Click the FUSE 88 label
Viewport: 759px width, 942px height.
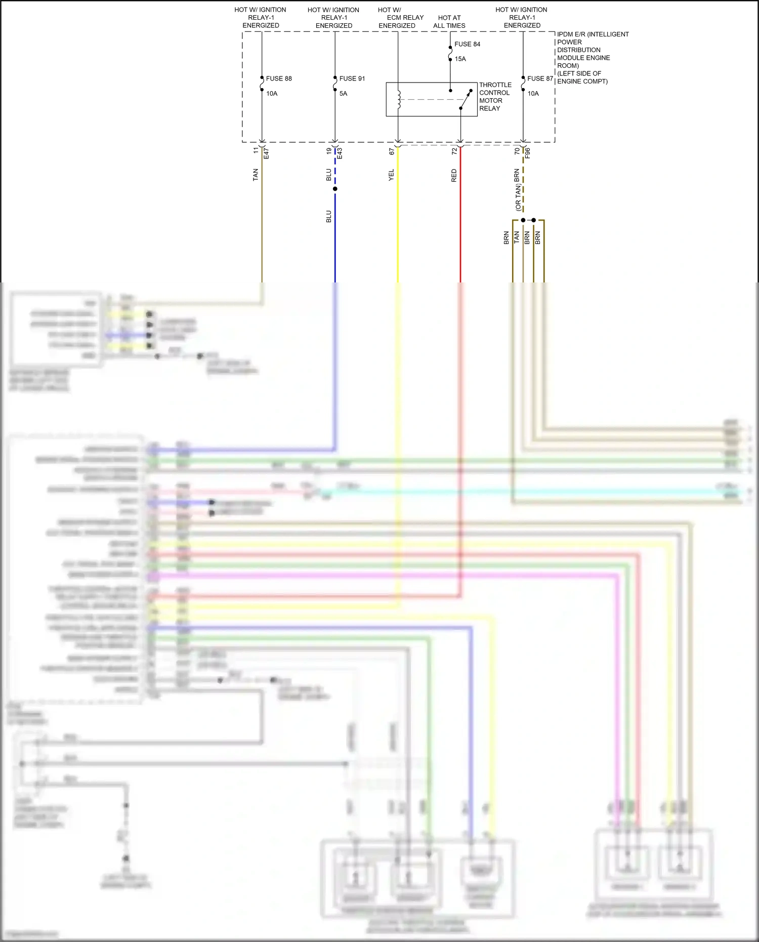coord(279,78)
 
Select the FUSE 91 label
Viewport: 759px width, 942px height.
coord(352,78)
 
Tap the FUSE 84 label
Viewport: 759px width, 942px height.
coord(467,44)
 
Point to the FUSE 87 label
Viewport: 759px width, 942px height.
coord(540,78)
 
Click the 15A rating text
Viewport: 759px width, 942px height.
coord(460,59)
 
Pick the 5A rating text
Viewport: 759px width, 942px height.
coord(343,94)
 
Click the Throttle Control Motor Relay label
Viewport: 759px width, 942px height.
coord(495,96)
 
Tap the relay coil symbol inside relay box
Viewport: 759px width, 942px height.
coord(399,99)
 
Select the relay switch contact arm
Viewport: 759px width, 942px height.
coord(466,100)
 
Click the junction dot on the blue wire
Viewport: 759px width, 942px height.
coord(335,189)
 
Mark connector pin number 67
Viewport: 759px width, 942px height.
coord(392,151)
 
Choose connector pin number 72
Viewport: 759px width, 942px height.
coord(454,151)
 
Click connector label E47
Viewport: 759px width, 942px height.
coord(266,153)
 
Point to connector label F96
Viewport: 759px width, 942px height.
coord(527,153)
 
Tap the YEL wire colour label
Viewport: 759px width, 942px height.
coord(391,175)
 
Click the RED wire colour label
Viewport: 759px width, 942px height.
coord(454,176)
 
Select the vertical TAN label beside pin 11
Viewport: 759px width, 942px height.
coord(256,175)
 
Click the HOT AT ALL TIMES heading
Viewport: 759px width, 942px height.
coord(449,21)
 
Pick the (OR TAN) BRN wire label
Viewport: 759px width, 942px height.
coord(517,190)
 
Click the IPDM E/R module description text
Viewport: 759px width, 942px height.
coord(592,57)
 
